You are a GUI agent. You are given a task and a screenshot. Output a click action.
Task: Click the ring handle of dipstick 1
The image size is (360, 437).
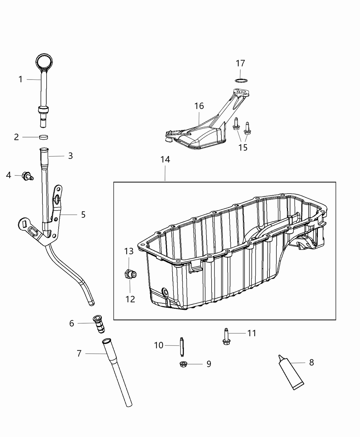pos(45,62)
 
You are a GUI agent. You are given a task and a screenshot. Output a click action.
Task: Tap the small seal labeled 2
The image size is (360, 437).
pos(44,137)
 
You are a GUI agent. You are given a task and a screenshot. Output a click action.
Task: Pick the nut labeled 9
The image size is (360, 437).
pos(183,364)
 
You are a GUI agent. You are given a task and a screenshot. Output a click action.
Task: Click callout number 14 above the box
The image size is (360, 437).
pos(165,160)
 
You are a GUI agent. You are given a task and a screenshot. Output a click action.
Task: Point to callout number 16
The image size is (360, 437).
pos(199,106)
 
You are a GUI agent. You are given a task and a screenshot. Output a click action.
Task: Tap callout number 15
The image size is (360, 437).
pos(243,147)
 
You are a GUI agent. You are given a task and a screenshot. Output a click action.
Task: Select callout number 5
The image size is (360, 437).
pos(83,215)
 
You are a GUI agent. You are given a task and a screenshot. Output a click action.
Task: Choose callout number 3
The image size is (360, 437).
pos(70,156)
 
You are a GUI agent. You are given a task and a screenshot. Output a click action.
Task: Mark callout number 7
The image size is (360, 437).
pos(79,353)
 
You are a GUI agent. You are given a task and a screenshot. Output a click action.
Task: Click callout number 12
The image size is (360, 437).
pos(130,299)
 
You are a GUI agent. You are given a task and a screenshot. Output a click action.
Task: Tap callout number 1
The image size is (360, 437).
pos(21,80)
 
